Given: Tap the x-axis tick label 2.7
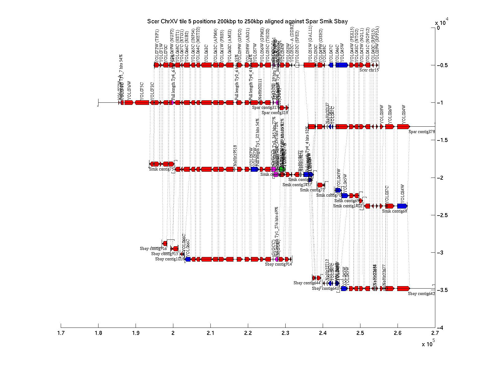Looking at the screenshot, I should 435,333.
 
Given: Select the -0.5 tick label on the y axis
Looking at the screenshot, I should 442,65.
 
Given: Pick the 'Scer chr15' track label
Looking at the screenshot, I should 369,70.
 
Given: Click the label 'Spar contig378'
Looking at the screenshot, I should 422,132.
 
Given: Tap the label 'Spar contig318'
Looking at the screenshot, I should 275,113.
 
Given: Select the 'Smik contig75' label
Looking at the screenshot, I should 161,169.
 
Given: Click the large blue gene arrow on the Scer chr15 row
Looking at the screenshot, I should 342,65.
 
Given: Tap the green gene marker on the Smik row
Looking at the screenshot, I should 282,169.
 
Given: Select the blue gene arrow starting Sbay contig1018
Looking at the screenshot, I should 188,259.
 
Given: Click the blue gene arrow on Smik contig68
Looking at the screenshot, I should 402,206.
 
